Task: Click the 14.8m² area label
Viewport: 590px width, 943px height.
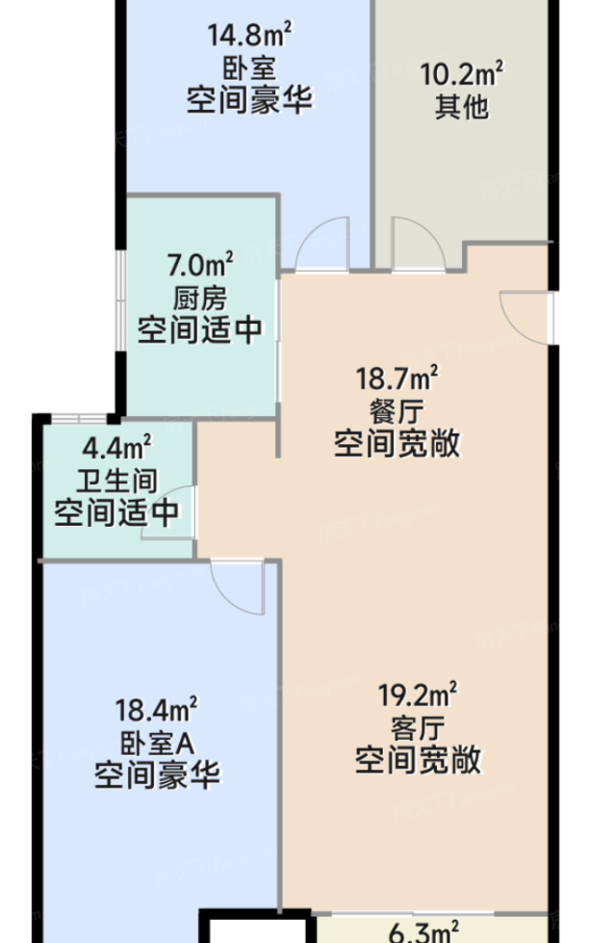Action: click(x=249, y=35)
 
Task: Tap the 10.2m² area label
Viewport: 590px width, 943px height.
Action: click(x=461, y=74)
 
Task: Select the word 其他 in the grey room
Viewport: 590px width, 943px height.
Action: click(x=461, y=107)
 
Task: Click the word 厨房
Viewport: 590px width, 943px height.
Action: click(x=200, y=298)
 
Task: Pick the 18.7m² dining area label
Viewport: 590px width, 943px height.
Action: click(x=397, y=378)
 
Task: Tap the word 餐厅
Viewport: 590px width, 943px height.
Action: click(x=397, y=411)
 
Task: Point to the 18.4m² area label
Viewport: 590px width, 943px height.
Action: click(x=156, y=710)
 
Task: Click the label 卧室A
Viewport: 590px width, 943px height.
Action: click(x=158, y=744)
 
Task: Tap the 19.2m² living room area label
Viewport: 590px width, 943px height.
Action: click(x=418, y=694)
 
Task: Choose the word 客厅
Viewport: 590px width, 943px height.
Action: click(x=418, y=728)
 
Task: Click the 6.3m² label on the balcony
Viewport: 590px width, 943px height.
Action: click(x=423, y=932)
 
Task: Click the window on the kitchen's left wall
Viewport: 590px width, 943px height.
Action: click(x=120, y=300)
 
